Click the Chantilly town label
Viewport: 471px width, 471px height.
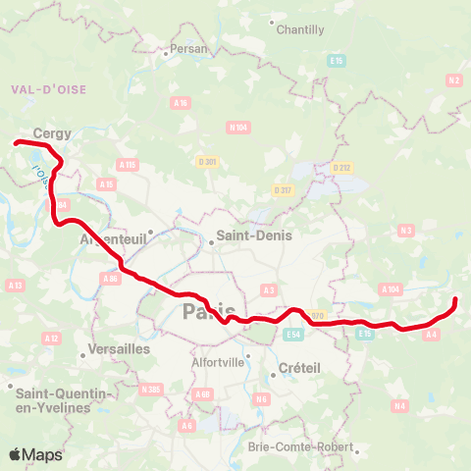coord(300,29)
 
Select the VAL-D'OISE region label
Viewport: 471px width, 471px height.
coord(49,89)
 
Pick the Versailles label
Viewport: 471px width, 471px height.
coord(118,348)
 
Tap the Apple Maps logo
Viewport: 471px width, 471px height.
coord(36,454)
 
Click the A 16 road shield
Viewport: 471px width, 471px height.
coord(181,102)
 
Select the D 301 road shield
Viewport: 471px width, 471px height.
coord(206,162)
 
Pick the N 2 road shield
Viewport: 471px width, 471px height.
coord(452,79)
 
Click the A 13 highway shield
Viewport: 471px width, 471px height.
coord(15,286)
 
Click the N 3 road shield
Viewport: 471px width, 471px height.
coord(405,231)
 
